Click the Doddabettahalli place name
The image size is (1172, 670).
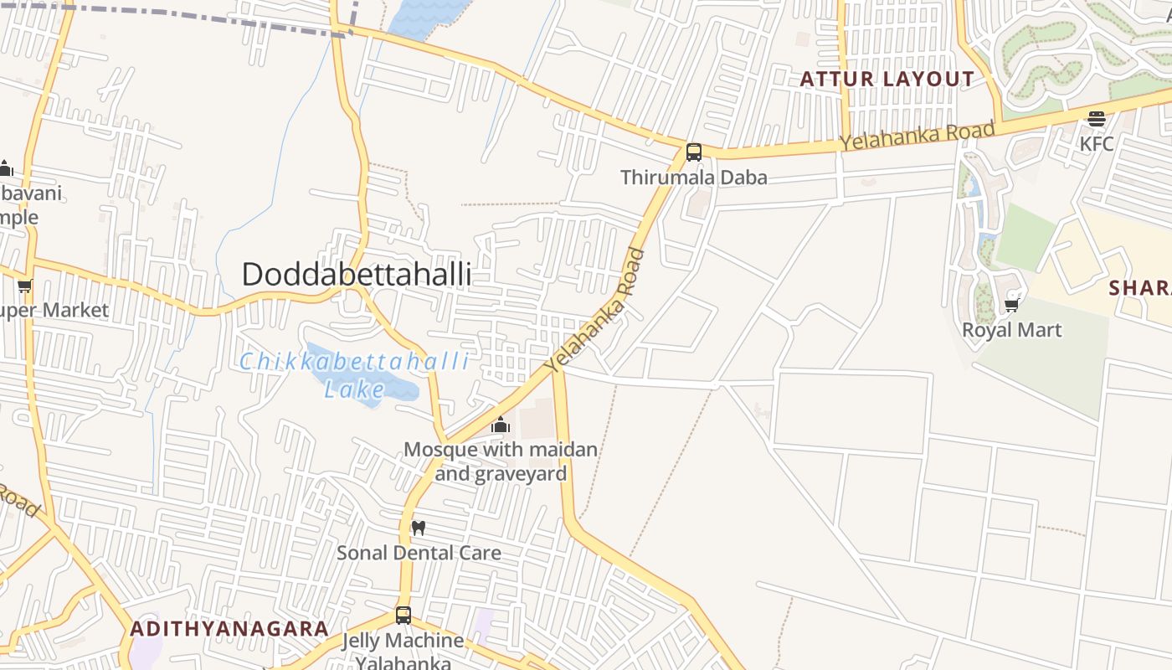(x=357, y=274)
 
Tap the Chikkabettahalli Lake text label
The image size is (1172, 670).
(x=355, y=375)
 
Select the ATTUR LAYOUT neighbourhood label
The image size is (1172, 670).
(x=887, y=80)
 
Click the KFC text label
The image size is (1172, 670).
(x=1097, y=143)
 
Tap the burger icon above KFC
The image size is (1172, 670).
(x=1097, y=119)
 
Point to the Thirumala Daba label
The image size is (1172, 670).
(x=693, y=178)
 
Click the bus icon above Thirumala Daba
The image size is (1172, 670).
(x=694, y=152)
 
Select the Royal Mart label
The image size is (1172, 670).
(x=1011, y=330)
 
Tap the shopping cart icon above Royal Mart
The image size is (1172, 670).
(x=1012, y=305)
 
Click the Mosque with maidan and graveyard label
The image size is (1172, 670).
(x=501, y=461)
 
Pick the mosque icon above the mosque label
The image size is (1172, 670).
(x=501, y=425)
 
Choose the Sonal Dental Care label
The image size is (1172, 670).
(x=419, y=553)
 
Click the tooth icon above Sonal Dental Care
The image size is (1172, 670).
(x=419, y=528)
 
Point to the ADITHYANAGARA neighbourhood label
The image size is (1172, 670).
(x=229, y=628)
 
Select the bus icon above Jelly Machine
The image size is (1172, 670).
(x=404, y=616)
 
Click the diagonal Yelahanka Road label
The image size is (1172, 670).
(x=595, y=311)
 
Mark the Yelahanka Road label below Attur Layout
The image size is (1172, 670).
(x=918, y=136)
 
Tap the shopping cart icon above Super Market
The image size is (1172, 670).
(x=25, y=286)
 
